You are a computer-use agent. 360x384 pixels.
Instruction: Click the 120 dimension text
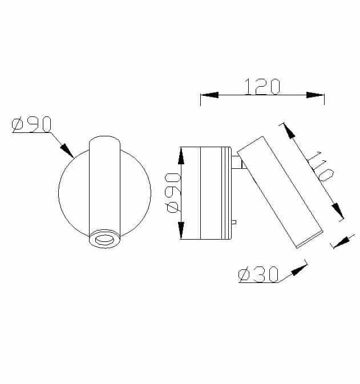tap(262, 86)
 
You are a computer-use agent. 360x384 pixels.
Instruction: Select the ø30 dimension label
tap(258, 275)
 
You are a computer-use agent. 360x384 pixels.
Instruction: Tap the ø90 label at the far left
tap(32, 124)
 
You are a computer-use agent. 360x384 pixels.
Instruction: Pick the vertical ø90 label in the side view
tap(173, 192)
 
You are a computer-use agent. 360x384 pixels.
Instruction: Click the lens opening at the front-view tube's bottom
tap(104, 240)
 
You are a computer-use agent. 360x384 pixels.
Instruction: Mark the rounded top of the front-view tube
tap(104, 140)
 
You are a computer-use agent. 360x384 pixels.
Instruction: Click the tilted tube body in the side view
tap(280, 191)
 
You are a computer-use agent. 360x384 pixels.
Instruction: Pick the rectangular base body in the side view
tap(205, 193)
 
